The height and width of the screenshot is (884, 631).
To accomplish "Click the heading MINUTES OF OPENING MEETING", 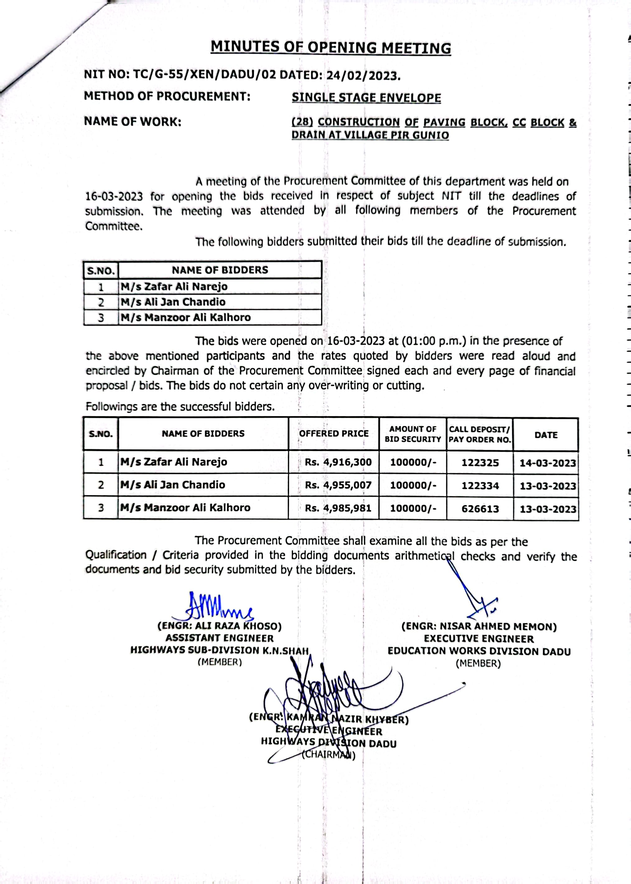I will (331, 47).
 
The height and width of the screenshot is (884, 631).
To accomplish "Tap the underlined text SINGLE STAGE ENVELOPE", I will (367, 97).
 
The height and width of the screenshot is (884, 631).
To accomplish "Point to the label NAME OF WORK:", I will (133, 122).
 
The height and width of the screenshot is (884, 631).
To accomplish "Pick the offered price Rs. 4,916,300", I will (338, 462).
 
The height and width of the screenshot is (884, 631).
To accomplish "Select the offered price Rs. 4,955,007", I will (338, 485).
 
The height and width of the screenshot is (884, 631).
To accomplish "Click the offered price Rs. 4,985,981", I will (338, 508).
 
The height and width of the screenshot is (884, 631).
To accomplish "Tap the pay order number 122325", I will (480, 463).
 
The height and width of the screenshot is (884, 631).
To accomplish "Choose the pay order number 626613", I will (480, 509).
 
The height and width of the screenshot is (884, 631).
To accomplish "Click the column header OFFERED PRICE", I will (334, 434).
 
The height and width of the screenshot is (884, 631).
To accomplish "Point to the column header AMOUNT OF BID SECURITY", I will (413, 434).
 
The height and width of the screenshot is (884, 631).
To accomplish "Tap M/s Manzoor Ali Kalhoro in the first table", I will (186, 317).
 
